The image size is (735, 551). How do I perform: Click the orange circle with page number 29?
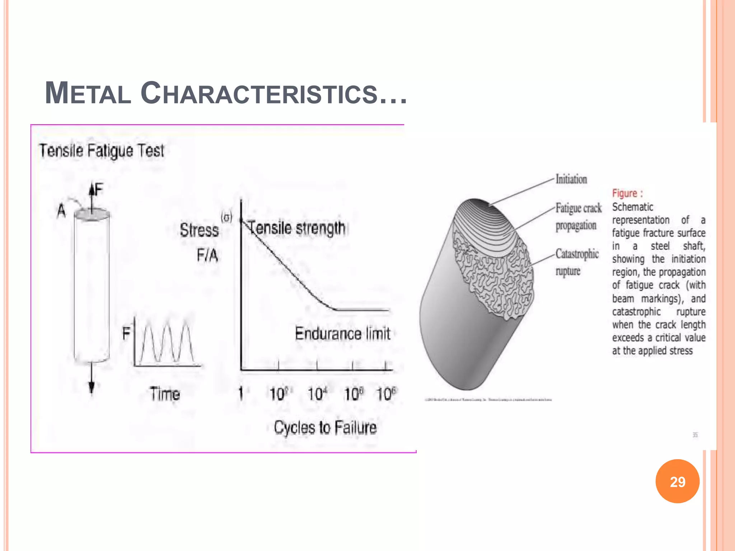click(x=677, y=481)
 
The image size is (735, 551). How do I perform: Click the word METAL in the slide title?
click(x=88, y=93)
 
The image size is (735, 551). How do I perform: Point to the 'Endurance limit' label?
click(x=342, y=334)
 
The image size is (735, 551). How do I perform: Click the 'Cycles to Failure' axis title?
click(x=325, y=428)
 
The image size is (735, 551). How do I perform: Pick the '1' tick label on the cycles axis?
click(x=241, y=394)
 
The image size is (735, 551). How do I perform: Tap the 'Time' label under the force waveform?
click(x=165, y=394)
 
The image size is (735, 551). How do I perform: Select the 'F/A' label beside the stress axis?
click(x=207, y=255)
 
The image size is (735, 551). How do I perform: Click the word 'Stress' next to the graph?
click(x=199, y=230)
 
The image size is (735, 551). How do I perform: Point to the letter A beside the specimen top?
click(x=62, y=211)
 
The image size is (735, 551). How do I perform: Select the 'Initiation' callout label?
click(x=571, y=179)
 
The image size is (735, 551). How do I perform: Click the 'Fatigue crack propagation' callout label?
click(x=578, y=217)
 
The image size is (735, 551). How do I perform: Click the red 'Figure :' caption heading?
click(x=627, y=193)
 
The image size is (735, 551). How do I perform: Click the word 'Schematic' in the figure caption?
click(x=632, y=207)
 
